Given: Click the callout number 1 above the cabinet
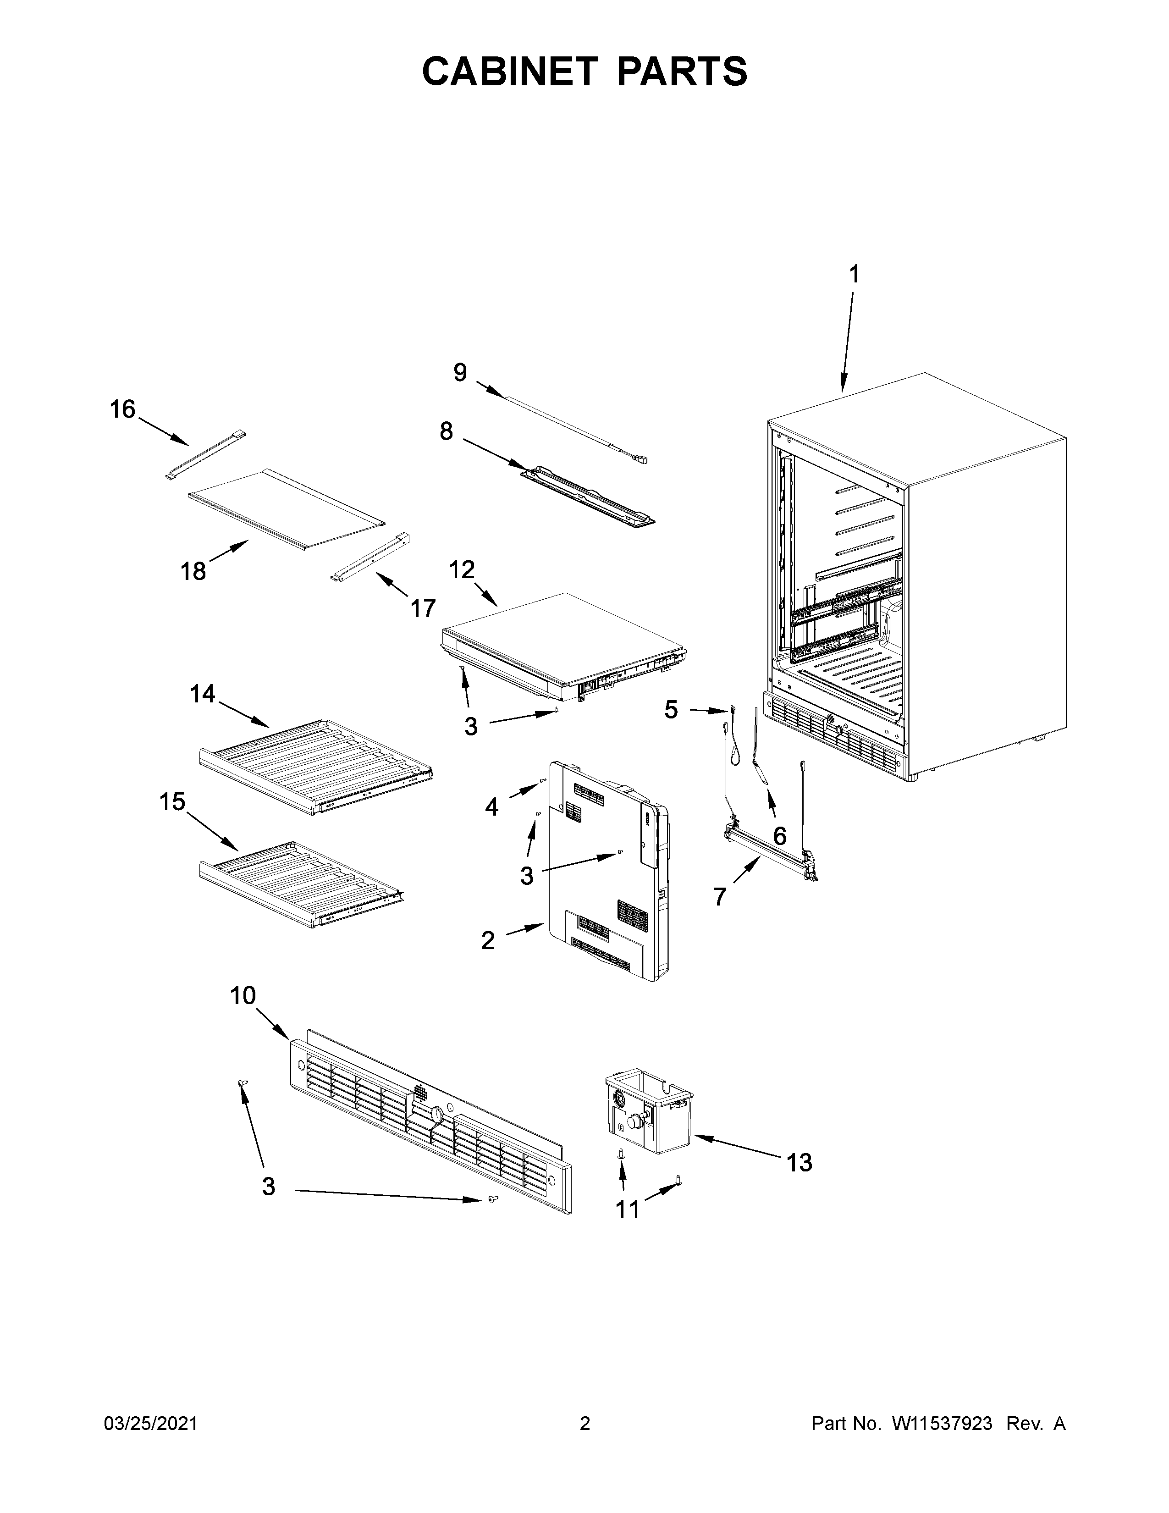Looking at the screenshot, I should click(855, 274).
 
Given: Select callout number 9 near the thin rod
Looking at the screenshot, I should click(460, 373).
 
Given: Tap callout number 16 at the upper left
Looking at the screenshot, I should click(122, 409).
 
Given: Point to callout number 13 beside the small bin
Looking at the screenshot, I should click(799, 1162).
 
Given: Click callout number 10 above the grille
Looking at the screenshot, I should click(243, 995).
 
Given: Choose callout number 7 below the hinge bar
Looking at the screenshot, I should click(720, 896).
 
